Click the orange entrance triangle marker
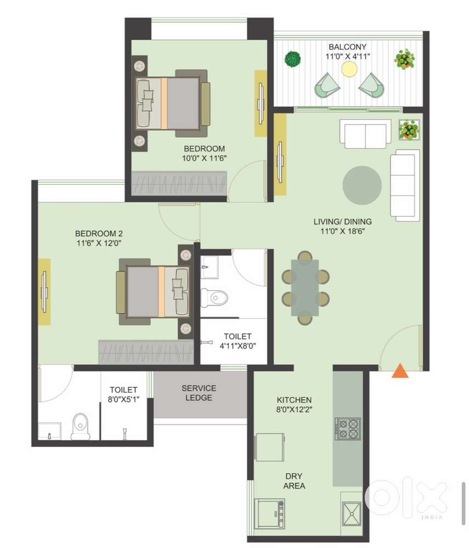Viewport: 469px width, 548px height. tap(400, 371)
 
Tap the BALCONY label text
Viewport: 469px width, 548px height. tap(347, 47)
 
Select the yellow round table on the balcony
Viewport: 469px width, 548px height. tap(349, 69)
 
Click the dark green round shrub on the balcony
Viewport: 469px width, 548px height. tap(292, 59)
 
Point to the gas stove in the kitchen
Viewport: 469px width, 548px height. tap(348, 428)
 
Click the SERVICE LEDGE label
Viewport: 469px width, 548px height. tap(199, 393)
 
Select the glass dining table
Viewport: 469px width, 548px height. tap(305, 287)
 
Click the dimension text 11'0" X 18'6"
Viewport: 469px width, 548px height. tap(343, 231)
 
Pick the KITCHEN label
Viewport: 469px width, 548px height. tap(294, 400)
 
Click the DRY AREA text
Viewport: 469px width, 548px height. tap(294, 481)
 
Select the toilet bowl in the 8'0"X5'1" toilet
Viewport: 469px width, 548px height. tap(81, 427)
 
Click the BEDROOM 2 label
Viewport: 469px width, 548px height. tap(99, 234)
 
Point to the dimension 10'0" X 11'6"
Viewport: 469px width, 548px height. tap(205, 158)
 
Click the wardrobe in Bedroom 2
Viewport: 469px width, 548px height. tap(146, 352)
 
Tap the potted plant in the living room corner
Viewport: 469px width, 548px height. tap(409, 129)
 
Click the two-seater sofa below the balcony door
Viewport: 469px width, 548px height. tap(365, 134)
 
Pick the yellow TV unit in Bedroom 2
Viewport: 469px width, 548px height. tap(44, 292)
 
